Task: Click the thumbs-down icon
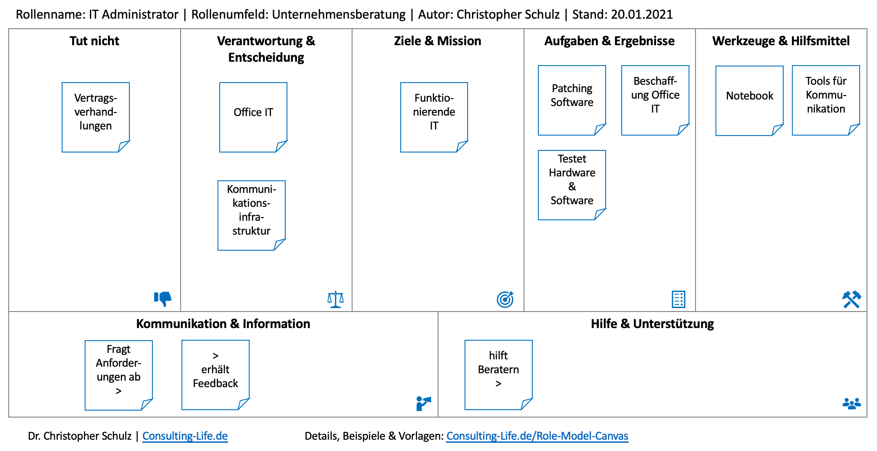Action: (x=163, y=298)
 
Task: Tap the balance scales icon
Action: (x=336, y=299)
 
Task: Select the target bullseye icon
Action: (x=505, y=299)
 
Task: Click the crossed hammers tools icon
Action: (x=851, y=299)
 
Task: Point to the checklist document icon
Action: (x=678, y=299)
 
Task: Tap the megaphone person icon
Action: (x=423, y=403)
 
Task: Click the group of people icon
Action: (x=851, y=404)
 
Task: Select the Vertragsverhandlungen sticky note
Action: (x=96, y=117)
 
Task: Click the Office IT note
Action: (x=253, y=117)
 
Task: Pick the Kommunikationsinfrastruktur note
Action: (x=251, y=215)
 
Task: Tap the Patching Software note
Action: (x=572, y=100)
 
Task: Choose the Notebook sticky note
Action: (x=749, y=100)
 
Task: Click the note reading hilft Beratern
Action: (x=498, y=375)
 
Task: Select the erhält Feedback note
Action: (x=215, y=375)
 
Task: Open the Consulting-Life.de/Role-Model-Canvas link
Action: (x=537, y=436)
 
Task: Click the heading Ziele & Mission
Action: (x=438, y=41)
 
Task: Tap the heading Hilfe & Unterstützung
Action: (x=652, y=324)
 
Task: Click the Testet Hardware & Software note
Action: (x=572, y=185)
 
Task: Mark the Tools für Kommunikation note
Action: (x=826, y=100)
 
